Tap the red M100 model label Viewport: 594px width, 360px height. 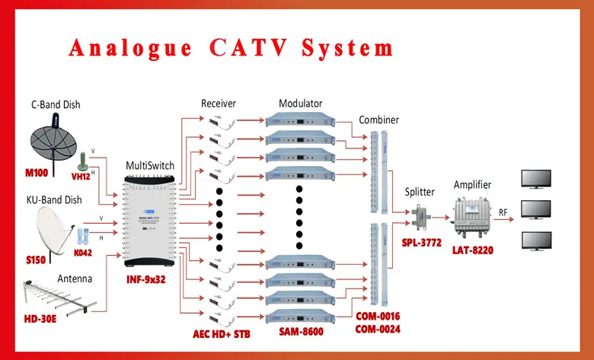[37, 173]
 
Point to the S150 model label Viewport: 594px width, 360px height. [36, 260]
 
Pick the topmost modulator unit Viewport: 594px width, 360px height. [300, 119]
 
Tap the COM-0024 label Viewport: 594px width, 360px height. [378, 330]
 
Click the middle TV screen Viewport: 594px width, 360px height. [536, 210]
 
